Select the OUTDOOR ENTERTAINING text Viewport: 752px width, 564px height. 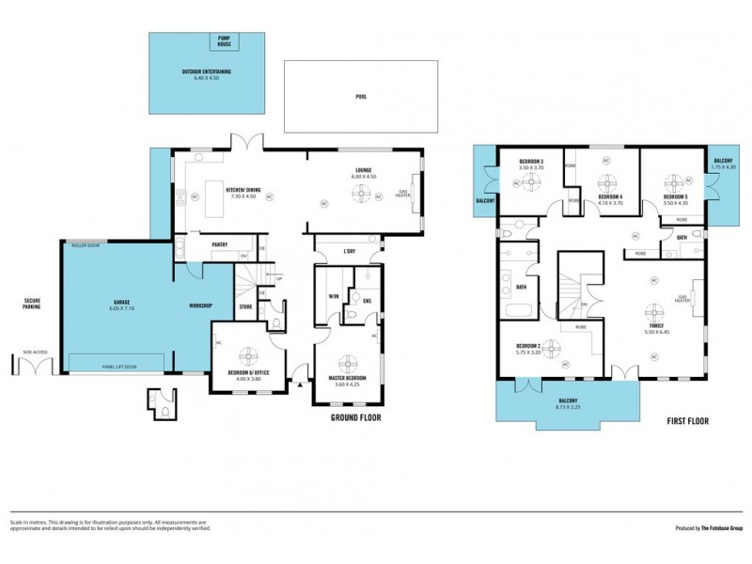207,71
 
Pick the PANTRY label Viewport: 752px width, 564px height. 220,244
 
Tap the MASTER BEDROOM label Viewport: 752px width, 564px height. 348,378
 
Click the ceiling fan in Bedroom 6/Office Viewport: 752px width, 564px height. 250,354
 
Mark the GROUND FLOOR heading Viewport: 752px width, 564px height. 355,417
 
